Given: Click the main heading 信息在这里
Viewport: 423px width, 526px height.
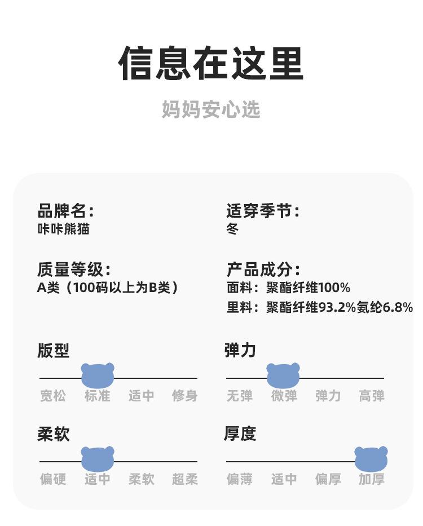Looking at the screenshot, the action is [x=211, y=63].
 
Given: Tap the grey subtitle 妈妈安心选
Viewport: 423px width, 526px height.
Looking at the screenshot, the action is [x=211, y=109].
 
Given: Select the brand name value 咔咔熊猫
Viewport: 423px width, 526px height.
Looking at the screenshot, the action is [x=63, y=229].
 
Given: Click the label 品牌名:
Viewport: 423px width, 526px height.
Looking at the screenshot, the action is [x=65, y=211].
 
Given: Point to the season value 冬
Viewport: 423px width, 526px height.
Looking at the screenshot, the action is [x=232, y=229].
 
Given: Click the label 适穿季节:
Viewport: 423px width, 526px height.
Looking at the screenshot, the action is [x=263, y=211].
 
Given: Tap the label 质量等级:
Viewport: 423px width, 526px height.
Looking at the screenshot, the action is [x=74, y=269].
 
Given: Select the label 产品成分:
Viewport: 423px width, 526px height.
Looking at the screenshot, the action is [x=263, y=269].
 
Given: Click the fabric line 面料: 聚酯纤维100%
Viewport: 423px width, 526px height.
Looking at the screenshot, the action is [x=288, y=288].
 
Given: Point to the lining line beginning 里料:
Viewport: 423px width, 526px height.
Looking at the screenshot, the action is [x=319, y=307].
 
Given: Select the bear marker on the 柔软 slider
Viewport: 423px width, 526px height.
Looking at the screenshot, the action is [x=98, y=459].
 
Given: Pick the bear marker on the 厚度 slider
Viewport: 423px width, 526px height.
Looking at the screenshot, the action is [x=371, y=459].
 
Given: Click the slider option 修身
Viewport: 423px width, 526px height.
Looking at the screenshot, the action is [x=185, y=396].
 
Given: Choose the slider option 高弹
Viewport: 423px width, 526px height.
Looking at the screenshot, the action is [x=372, y=396].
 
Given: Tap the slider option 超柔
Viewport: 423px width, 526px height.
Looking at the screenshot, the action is [x=185, y=479].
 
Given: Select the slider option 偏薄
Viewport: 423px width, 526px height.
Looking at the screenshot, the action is [x=240, y=479].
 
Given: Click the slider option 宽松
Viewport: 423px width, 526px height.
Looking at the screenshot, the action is [x=53, y=396].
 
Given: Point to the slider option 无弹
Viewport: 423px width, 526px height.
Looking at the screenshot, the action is [x=240, y=396].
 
